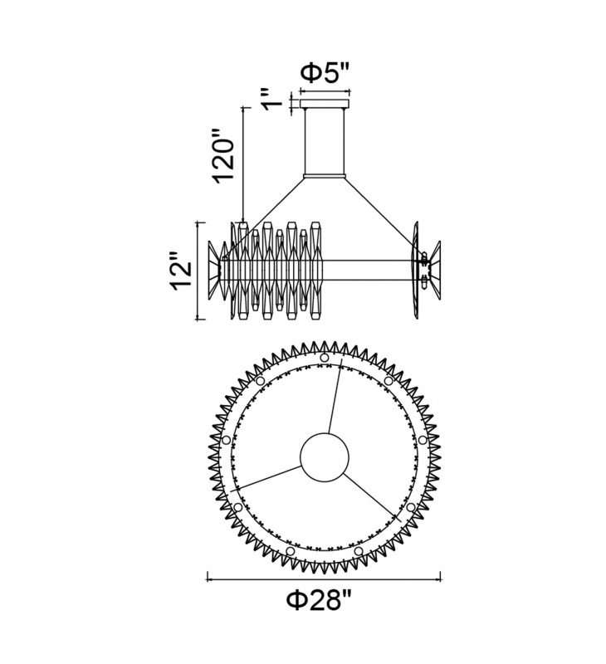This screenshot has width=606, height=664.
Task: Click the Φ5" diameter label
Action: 325,73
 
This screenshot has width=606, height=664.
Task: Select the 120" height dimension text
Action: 223,155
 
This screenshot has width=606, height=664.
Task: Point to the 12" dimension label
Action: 182,271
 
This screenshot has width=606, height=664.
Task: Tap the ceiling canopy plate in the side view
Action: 325,104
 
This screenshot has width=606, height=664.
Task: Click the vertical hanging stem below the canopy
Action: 325,141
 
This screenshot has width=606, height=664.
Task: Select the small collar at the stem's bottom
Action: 325,176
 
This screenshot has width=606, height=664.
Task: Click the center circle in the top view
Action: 325,457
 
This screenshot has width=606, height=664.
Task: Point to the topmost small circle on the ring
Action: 325,358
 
